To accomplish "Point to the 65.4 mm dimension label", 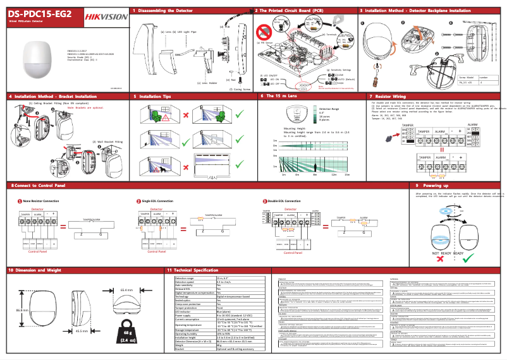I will pyautogui.click(x=126, y=289).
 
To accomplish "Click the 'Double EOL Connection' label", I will pyautogui.click(x=286, y=201).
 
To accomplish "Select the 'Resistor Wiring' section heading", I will pyautogui.click(x=389, y=96).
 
